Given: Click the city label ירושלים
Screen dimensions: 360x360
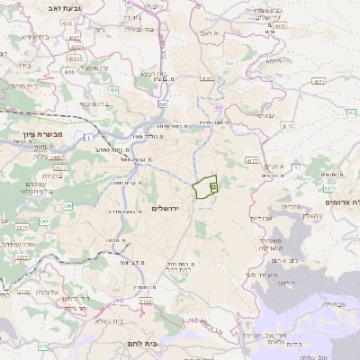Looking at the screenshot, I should click(x=167, y=208).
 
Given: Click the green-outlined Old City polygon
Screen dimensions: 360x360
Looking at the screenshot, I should click(x=205, y=187).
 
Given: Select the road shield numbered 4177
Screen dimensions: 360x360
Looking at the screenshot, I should click(x=250, y=159).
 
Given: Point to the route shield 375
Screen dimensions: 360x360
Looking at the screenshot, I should click(x=41, y=345).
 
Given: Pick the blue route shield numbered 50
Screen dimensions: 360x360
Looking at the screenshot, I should click(x=162, y=104).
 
